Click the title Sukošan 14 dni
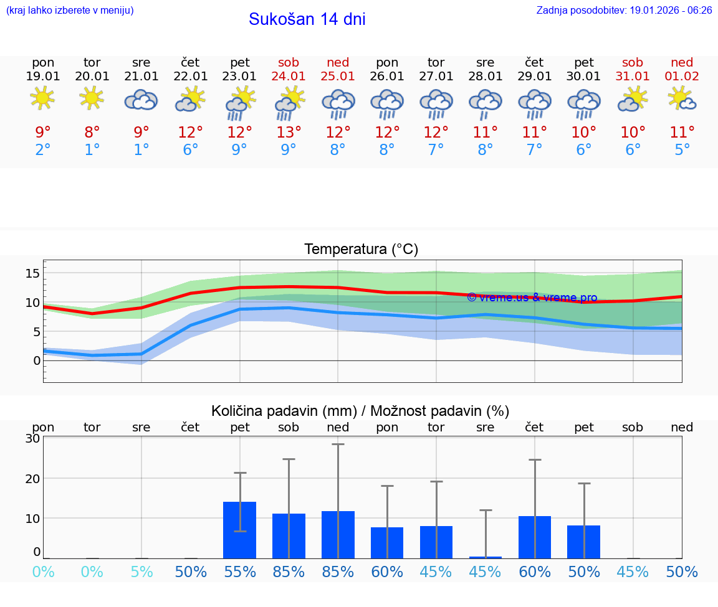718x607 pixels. (x=307, y=19)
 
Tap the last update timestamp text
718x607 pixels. (x=624, y=11)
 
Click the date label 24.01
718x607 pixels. (x=289, y=77)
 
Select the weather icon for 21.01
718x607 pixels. (x=141, y=100)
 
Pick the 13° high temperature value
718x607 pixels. (x=289, y=133)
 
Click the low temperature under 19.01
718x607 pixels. (x=43, y=150)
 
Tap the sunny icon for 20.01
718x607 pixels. (x=92, y=98)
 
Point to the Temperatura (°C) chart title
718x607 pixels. (x=361, y=250)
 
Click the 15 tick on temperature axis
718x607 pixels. (x=32, y=273)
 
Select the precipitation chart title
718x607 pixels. (x=360, y=411)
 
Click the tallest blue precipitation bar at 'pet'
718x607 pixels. (x=240, y=530)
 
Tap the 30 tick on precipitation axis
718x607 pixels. (x=32, y=438)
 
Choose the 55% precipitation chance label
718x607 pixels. (x=240, y=572)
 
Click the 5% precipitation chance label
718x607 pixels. (x=141, y=572)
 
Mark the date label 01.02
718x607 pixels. (x=682, y=77)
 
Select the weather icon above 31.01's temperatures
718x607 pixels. (x=633, y=99)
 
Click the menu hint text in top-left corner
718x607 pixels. (x=69, y=11)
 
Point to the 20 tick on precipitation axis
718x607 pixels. (x=32, y=478)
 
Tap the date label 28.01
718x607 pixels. (x=485, y=77)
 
